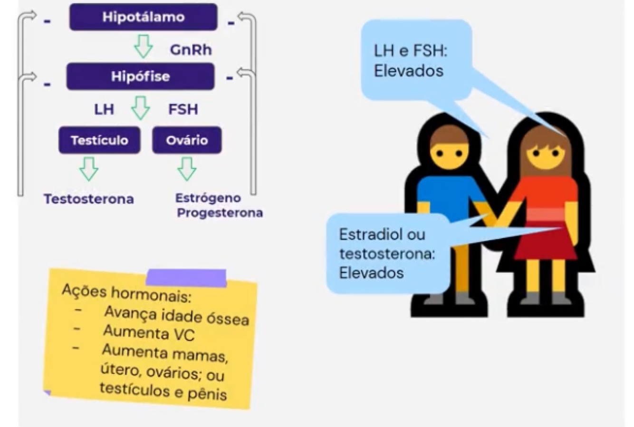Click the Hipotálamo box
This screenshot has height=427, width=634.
pos(143,17)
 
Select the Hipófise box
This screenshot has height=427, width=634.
pos(140,77)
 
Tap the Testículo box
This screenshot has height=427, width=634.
pos(99,140)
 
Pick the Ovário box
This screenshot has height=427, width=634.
pos(187,140)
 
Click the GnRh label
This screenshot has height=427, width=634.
pos(191,50)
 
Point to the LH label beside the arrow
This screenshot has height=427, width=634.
pos(104,109)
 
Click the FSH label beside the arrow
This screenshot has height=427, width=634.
pos(183,109)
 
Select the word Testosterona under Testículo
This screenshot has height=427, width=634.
pos(89,199)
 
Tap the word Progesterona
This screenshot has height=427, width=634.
pos(220,213)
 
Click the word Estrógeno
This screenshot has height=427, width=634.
pos(208,198)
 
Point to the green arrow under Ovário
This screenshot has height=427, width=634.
pos(187,169)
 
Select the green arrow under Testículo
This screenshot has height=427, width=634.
pos(89,169)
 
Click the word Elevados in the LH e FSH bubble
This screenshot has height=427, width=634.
pos(408,71)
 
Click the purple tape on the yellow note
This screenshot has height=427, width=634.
pos(186,278)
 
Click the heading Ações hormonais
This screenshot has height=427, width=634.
pos(126,293)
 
